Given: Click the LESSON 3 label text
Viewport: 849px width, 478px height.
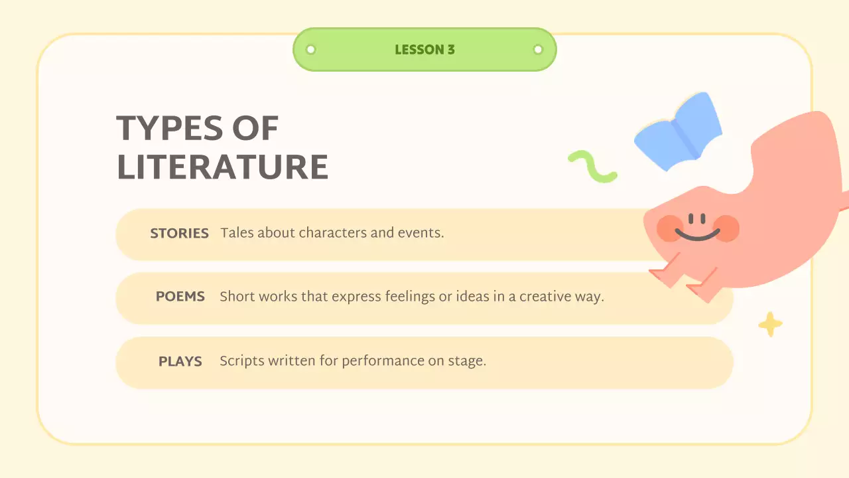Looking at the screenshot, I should [x=424, y=50].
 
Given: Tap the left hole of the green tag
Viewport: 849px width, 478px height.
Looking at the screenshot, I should [x=310, y=49].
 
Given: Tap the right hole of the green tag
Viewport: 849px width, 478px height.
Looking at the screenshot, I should [x=538, y=49].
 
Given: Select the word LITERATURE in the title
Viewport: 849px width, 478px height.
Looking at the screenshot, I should [x=222, y=167].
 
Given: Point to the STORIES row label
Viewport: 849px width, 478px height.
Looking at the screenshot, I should [x=179, y=234].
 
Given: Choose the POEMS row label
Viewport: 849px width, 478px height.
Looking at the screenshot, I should [x=180, y=297].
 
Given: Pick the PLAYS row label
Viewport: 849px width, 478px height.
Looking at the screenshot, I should [x=180, y=362].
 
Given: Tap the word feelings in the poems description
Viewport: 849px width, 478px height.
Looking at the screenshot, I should [x=410, y=297].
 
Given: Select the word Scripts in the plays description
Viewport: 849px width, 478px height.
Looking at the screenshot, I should [x=241, y=361].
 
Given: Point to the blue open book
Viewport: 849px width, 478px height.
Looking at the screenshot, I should [x=678, y=131].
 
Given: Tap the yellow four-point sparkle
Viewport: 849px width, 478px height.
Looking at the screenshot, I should [x=770, y=325].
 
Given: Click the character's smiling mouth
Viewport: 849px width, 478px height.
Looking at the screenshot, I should [x=697, y=234].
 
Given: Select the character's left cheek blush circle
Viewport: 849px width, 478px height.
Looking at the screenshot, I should [x=670, y=228].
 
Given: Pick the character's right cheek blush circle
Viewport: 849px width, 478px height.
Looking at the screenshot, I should [x=726, y=228].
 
